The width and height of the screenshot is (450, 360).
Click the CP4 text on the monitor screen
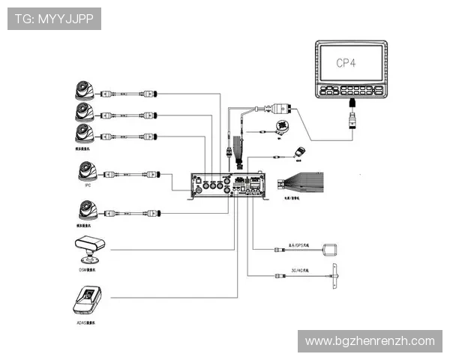coord(349,64)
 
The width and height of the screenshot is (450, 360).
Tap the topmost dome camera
coord(83,91)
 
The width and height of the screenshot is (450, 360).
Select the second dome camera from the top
coord(83,112)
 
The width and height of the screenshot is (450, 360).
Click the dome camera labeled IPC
coord(83,172)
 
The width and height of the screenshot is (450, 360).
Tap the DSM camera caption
coord(87,267)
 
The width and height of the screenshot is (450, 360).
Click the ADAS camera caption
coord(87,323)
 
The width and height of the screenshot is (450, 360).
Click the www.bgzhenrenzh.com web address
coord(369,341)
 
